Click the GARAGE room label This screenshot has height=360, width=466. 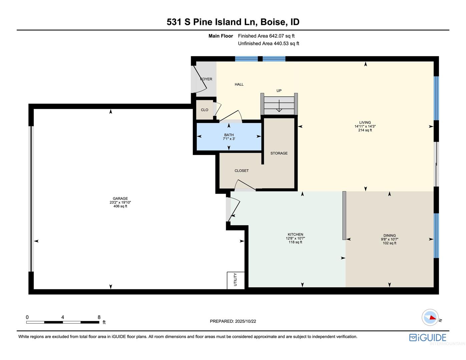[x=120, y=198]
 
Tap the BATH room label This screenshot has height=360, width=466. [x=229, y=135]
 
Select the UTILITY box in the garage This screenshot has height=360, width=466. [x=236, y=280]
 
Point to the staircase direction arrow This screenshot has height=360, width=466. [x=279, y=106]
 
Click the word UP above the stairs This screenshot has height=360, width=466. [x=279, y=91]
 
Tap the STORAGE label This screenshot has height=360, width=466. [x=279, y=153]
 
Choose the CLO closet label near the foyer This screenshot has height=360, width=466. [x=204, y=110]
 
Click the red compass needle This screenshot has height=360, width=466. [x=433, y=318]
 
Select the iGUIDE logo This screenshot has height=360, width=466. [x=428, y=338]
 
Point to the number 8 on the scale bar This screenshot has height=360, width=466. [x=99, y=317]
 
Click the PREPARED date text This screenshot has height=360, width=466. [x=233, y=321]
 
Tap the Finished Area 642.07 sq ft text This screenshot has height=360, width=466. [x=266, y=36]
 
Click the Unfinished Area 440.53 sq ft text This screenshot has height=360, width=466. [x=269, y=43]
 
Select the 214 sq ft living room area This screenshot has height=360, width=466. [x=365, y=130]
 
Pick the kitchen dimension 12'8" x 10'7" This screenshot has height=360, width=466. [x=295, y=238]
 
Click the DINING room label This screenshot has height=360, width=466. [x=389, y=235]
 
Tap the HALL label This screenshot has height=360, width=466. [x=239, y=84]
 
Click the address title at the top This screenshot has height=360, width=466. [x=233, y=22]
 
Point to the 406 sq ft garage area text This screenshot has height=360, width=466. [x=120, y=206]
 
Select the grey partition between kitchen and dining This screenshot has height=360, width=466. [x=344, y=215]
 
